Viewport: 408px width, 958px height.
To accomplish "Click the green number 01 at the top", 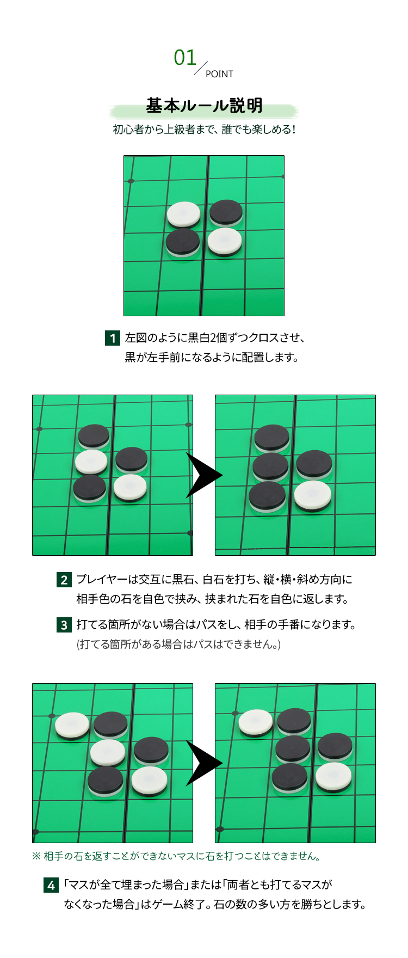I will coord(185,58).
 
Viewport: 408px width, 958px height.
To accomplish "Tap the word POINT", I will coord(219,74).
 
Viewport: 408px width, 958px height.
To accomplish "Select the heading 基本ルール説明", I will coord(204,106).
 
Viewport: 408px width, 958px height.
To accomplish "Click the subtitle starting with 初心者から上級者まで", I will coord(204,130).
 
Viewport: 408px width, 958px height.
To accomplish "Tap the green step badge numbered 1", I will coord(112,338).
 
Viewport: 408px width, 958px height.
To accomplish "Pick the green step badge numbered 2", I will coord(64,580).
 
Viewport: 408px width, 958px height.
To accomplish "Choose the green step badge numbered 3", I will coord(64,625).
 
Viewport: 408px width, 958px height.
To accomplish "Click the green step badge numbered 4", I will coord(51,885).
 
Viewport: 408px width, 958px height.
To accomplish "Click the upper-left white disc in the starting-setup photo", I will coord(183,214).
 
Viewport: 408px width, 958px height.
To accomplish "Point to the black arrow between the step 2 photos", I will coord(203,475).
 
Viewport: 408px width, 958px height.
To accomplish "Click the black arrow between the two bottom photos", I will coord(203,763).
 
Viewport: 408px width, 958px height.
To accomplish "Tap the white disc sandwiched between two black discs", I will coord(91,461).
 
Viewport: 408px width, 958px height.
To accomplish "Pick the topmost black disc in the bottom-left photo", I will coord(110,723).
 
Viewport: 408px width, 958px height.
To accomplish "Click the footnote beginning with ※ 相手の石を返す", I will coord(176,856).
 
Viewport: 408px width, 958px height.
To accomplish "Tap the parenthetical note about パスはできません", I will coord(178,644).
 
